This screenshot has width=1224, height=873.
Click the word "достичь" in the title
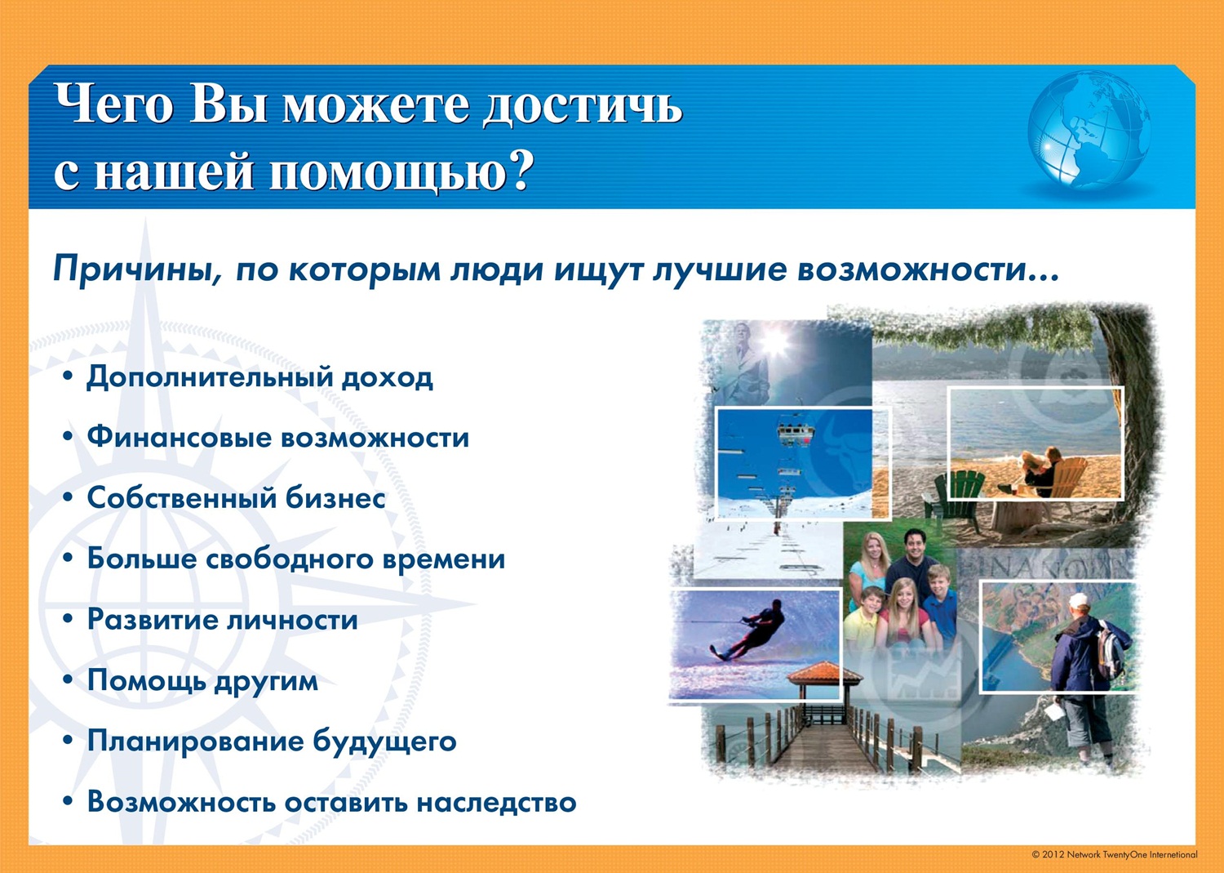pyautogui.click(x=583, y=105)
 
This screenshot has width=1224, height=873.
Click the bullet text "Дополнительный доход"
pyautogui.click(x=259, y=377)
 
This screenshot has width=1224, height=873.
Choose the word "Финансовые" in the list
pyautogui.click(x=178, y=438)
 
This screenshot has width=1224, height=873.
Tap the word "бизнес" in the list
pyautogui.click(x=335, y=498)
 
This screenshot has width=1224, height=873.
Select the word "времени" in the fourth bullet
pyautogui.click(x=443, y=559)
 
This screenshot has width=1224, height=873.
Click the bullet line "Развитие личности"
pyautogui.click(x=223, y=620)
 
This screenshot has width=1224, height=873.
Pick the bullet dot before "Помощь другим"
pyautogui.click(x=68, y=680)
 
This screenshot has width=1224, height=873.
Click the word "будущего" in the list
pyautogui.click(x=384, y=742)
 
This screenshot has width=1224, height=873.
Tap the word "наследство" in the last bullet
pyautogui.click(x=497, y=803)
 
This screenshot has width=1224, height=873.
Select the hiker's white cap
pyautogui.click(x=1078, y=601)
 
